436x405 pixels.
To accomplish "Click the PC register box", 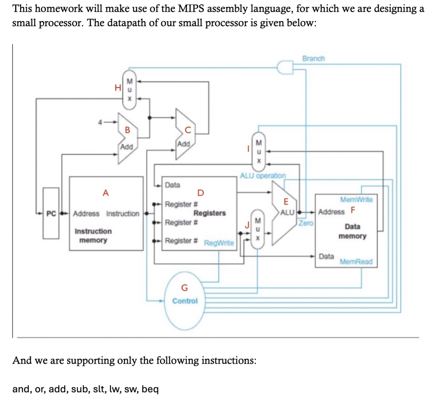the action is (x=51, y=213).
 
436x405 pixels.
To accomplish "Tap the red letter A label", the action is (x=105, y=193).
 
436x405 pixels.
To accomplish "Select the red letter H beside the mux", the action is (x=118, y=88).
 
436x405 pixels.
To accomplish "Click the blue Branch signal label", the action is (x=313, y=58).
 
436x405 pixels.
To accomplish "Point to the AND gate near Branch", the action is (x=285, y=67).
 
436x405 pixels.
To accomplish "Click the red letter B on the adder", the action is (x=127, y=130).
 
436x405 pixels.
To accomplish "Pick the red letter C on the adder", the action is (x=188, y=130).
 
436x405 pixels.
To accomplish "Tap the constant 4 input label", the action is (x=100, y=122).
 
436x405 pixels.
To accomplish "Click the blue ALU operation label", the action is (x=263, y=176).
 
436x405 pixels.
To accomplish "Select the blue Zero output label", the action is (x=306, y=223).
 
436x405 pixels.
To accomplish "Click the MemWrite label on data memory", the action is (x=356, y=199).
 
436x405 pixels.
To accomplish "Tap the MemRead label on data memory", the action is (x=356, y=262).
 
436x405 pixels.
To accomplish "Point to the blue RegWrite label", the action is (x=219, y=243).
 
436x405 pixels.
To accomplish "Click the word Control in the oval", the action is (x=185, y=301).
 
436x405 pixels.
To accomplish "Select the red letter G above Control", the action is (x=184, y=288).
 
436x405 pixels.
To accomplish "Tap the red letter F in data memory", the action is (x=353, y=210).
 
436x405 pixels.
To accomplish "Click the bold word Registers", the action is (x=210, y=213).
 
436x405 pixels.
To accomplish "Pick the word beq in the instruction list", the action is (x=150, y=389).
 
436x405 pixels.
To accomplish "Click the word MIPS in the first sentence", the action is (x=191, y=8).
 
